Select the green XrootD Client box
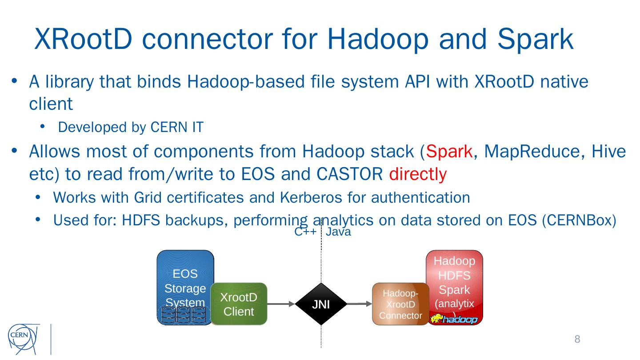click(239, 304)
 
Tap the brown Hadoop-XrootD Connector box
click(400, 304)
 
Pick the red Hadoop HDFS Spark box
click(454, 276)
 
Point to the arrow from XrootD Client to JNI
click(281, 304)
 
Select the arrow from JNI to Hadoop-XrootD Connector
click(359, 304)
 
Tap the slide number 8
click(577, 340)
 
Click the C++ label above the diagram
click(305, 232)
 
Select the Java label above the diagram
click(338, 232)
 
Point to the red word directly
click(417, 175)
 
